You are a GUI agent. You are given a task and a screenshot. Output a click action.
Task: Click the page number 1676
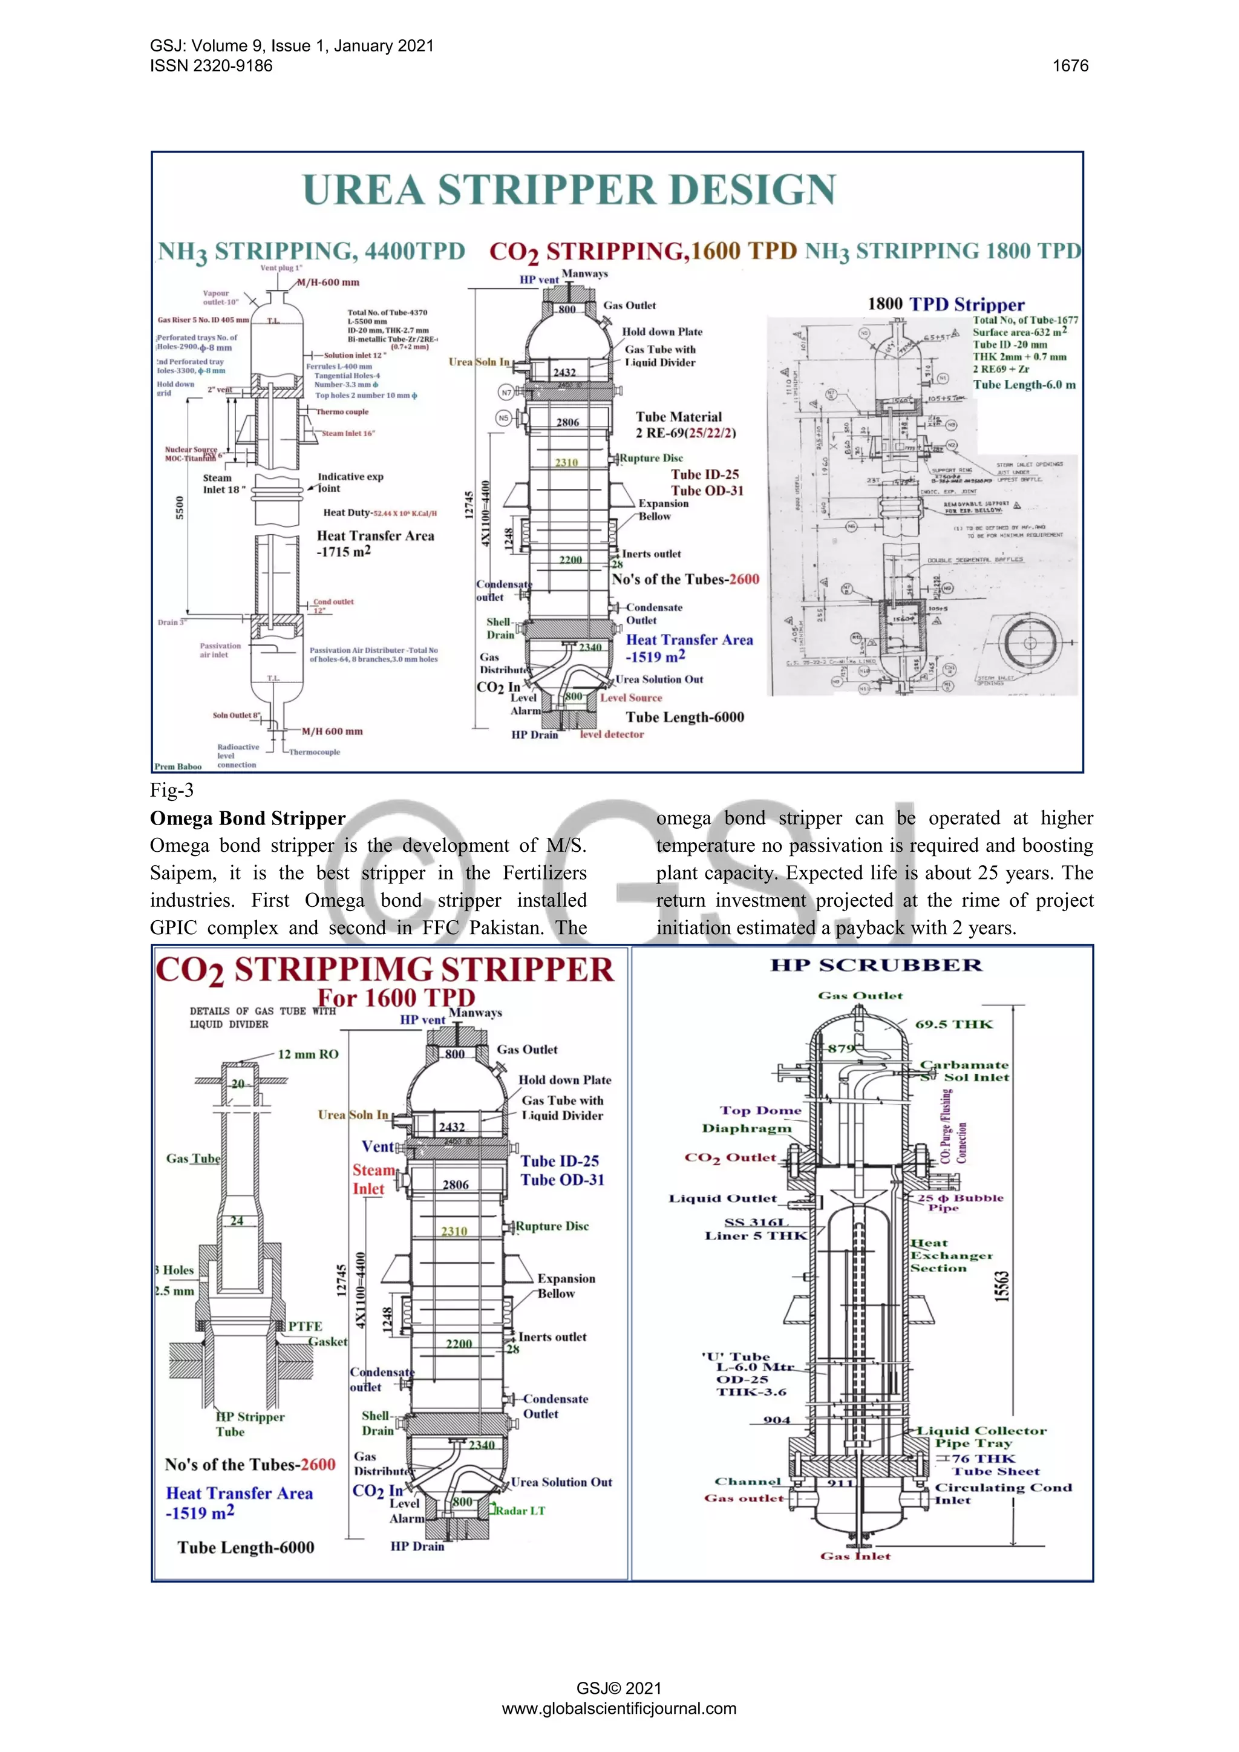tap(1070, 65)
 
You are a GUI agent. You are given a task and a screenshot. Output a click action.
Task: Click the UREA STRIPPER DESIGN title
tap(569, 189)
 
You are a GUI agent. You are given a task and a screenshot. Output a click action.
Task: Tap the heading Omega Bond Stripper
tap(247, 818)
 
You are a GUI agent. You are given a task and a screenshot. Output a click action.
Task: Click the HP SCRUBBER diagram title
tap(876, 966)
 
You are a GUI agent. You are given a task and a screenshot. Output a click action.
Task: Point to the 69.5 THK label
tap(953, 1024)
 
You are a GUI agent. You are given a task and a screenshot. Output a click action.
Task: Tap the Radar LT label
tap(520, 1510)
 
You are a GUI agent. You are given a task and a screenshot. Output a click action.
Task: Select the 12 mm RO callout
tap(307, 1054)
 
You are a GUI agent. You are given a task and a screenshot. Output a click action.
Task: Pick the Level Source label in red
tap(631, 698)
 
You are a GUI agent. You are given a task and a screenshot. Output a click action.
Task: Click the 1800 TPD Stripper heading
tap(946, 304)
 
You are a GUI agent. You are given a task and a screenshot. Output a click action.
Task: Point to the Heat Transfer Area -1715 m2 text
tap(375, 543)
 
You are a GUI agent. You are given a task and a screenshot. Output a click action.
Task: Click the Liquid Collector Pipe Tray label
tap(981, 1436)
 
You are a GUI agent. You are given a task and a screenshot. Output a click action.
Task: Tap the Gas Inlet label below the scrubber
tap(855, 1556)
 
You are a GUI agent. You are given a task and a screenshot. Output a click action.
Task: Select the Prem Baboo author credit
tap(178, 766)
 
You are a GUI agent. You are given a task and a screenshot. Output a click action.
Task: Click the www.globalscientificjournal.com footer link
tap(619, 1708)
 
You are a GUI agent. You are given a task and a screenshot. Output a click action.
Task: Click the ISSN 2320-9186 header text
tap(211, 65)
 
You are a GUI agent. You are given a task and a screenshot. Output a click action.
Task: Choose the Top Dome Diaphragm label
tap(751, 1119)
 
